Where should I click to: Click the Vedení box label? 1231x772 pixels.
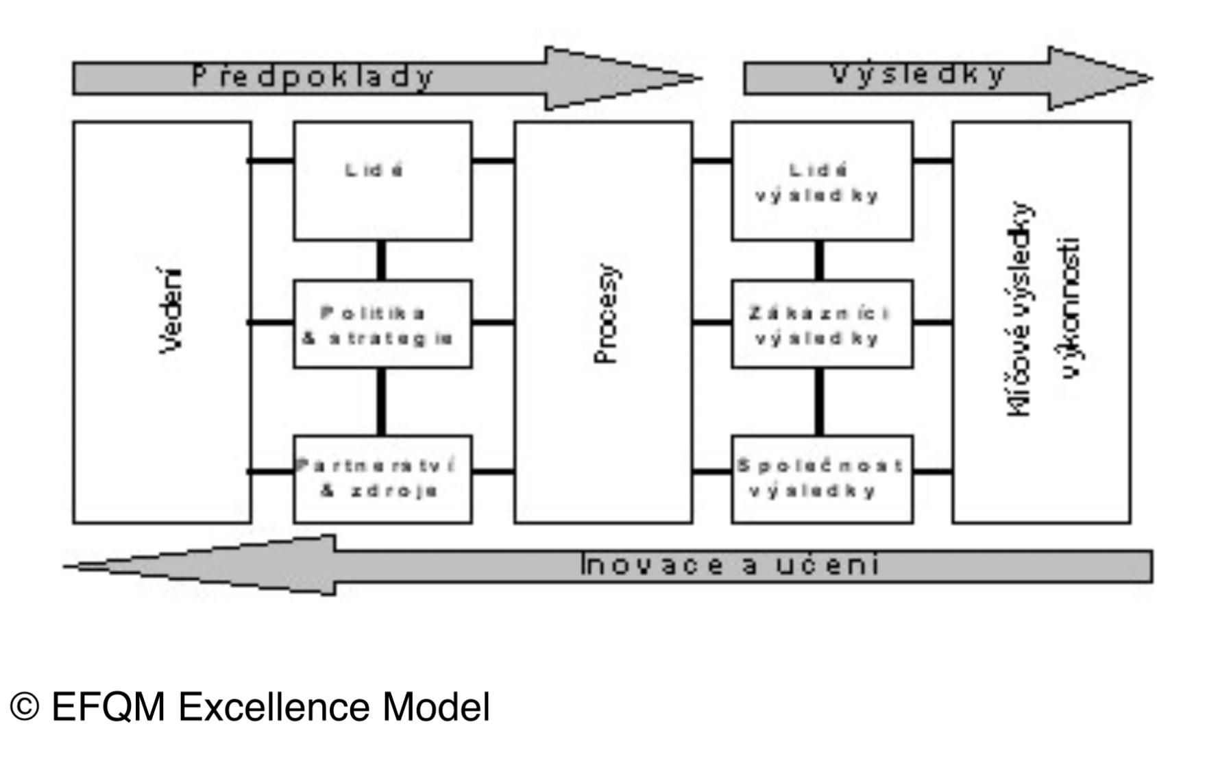click(171, 311)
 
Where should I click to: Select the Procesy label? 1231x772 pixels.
click(606, 314)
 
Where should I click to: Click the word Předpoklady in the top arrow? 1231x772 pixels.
click(313, 76)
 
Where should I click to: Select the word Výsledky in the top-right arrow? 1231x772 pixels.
click(918, 74)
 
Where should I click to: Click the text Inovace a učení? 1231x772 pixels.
click(729, 566)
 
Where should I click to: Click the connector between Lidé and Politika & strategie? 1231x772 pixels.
click(381, 260)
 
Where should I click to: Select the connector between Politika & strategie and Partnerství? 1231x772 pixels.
click(381, 402)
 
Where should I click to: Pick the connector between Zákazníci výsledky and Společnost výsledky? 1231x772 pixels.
click(819, 402)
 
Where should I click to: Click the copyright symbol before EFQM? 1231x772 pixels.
click(25, 707)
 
